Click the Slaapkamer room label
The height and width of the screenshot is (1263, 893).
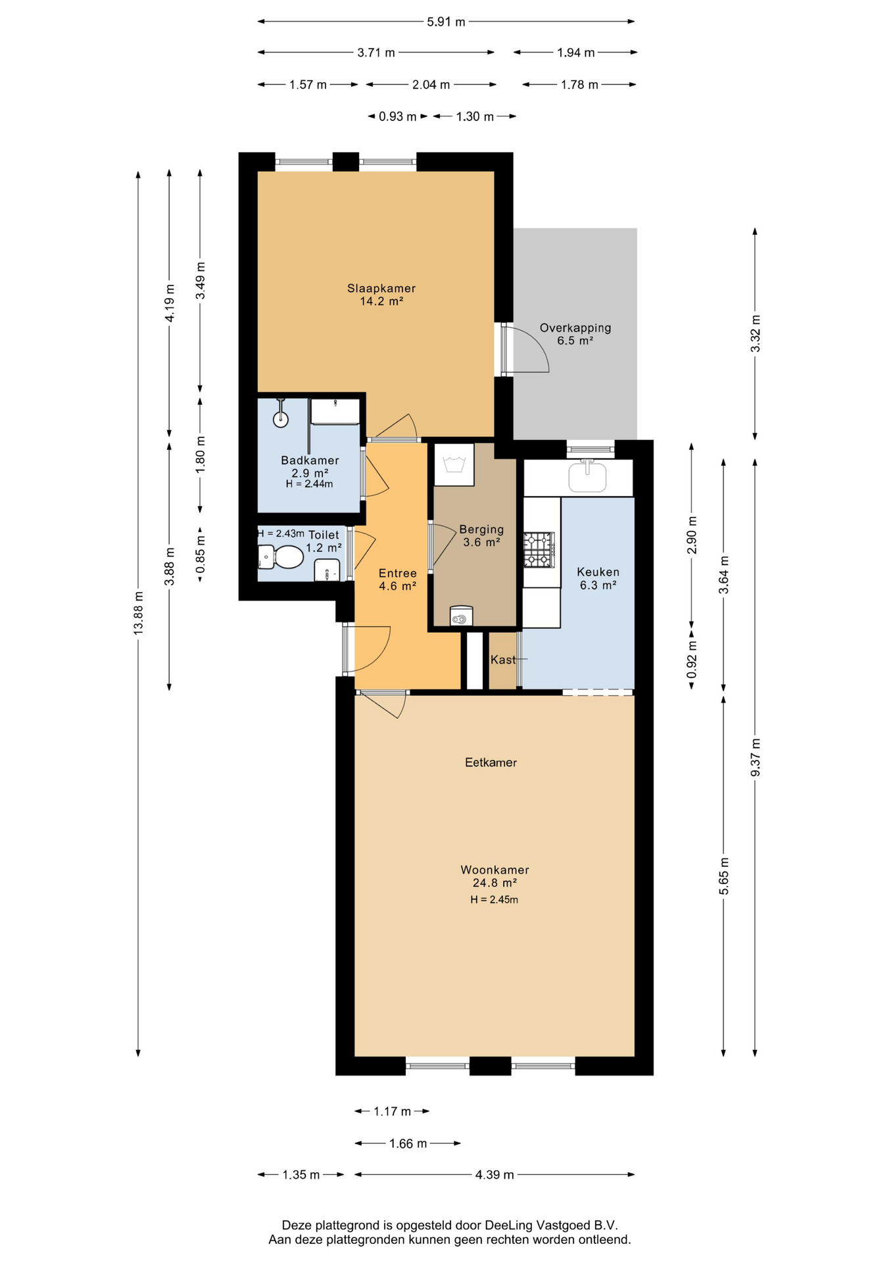point(381,288)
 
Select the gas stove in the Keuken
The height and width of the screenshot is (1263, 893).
point(539,550)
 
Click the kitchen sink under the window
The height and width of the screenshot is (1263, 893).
point(587,477)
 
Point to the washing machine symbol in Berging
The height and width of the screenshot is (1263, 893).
point(454,464)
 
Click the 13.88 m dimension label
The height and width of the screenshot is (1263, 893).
point(138,613)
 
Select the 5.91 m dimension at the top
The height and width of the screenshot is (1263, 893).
point(446,22)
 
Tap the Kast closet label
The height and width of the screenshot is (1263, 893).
point(503,660)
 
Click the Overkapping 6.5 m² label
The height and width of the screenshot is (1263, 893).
point(575,334)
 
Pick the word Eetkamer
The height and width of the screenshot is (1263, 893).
point(491,762)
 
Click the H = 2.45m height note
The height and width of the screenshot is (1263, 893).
point(494,900)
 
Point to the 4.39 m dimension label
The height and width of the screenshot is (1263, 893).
point(495,1175)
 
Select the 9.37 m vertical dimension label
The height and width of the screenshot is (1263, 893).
point(755,757)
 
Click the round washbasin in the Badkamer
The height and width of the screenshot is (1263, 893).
point(281,418)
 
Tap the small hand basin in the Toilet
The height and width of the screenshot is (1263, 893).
point(327,570)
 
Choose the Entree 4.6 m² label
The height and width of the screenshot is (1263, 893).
point(397,580)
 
